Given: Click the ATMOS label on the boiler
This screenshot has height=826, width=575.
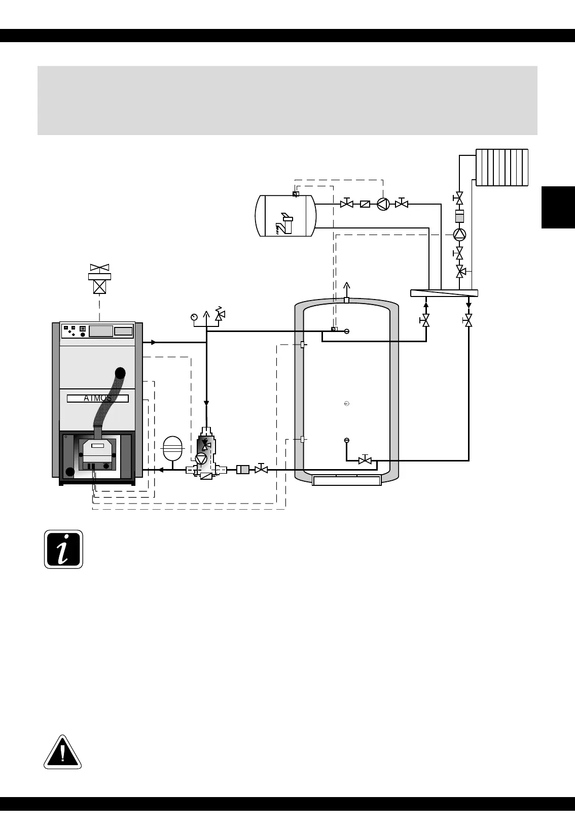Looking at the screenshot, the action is click(98, 399).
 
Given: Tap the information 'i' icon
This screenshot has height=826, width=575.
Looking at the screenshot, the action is click(63, 549).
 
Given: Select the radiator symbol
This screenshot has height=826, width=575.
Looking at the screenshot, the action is click(502, 167).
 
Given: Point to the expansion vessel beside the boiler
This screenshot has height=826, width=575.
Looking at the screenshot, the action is click(172, 448).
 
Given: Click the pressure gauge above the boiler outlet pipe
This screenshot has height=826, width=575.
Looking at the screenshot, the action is click(194, 317).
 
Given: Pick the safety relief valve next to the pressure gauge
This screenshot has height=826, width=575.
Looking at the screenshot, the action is click(220, 315).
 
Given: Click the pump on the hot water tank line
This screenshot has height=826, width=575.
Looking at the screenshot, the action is click(383, 204).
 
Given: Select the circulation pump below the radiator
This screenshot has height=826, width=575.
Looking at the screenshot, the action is click(459, 234).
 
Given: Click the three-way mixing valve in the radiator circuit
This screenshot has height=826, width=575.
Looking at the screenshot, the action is click(460, 272).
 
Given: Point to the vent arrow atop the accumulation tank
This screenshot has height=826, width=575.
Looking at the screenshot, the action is click(347, 287).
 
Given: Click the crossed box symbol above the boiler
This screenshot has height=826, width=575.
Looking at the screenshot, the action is click(99, 287).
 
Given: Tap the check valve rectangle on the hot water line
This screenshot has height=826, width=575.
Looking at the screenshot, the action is click(365, 204).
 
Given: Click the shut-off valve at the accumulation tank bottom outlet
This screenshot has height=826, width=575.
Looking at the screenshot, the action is click(365, 460).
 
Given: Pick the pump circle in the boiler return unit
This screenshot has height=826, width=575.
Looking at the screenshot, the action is click(201, 458).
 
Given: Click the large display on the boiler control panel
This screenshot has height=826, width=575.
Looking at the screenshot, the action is click(101, 331).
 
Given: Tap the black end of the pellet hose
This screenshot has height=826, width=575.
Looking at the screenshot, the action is click(120, 374).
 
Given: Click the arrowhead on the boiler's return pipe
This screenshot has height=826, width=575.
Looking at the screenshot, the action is click(160, 470).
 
